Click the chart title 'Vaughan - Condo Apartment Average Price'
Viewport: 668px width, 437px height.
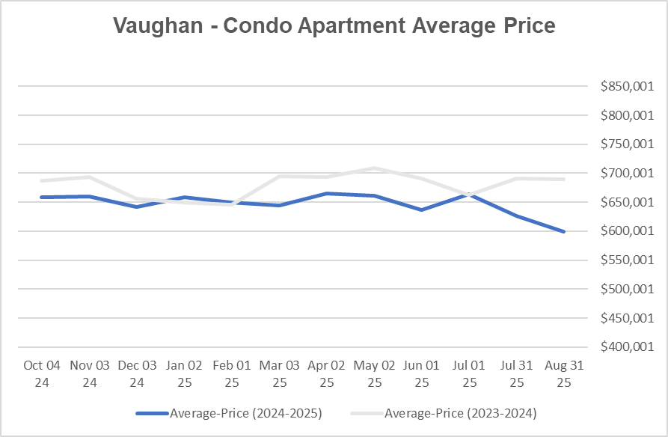coord(334,25)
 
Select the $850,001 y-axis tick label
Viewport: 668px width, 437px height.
coord(627,86)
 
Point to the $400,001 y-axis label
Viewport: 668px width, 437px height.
coord(627,347)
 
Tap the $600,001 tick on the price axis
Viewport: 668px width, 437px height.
coord(627,231)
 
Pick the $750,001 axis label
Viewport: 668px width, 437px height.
coord(627,144)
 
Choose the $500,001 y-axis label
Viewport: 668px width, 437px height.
coord(627,289)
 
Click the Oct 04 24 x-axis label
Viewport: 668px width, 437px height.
coord(42,373)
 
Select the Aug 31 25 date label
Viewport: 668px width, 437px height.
coord(563,373)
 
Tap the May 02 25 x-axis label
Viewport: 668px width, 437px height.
coord(374,373)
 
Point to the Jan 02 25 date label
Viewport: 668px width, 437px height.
coord(184,373)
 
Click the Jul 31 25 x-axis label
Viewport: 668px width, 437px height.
coord(516,373)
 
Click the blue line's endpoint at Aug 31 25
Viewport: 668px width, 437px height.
coord(563,231)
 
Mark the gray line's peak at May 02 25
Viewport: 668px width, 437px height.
coord(374,168)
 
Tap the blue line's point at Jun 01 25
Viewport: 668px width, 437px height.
coord(421,210)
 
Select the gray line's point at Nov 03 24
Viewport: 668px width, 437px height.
coord(89,177)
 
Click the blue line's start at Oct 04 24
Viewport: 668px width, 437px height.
coord(42,197)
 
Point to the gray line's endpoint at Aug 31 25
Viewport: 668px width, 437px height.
coord(563,180)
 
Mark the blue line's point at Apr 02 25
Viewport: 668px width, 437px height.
coord(326,193)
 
